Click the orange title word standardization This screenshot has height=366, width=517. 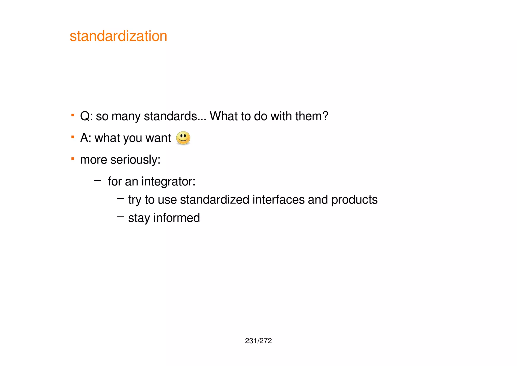pyautogui.click(x=118, y=36)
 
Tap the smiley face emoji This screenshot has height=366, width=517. pyautogui.click(x=183, y=138)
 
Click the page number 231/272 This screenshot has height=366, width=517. pyautogui.click(x=258, y=341)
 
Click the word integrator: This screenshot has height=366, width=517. pyautogui.click(x=168, y=181)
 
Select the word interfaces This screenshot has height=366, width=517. pyautogui.click(x=278, y=200)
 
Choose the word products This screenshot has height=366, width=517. pyautogui.click(x=354, y=200)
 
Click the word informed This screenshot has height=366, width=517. pyautogui.click(x=176, y=218)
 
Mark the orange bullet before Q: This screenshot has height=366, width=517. pyautogui.click(x=73, y=115)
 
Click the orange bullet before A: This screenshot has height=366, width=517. pyautogui.click(x=73, y=137)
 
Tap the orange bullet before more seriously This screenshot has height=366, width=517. pyautogui.click(x=73, y=159)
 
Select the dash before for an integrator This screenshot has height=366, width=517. pyautogui.click(x=97, y=180)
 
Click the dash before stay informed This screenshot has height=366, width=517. pyautogui.click(x=120, y=217)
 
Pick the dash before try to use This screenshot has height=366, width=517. pyautogui.click(x=120, y=199)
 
